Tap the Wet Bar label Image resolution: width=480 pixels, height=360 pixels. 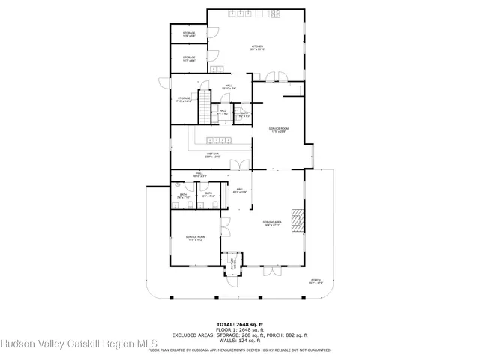tap(212, 155)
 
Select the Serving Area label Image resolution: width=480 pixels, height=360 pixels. tap(271, 223)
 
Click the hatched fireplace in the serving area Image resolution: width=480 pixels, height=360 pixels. tap(298, 220)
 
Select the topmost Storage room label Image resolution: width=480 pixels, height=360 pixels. tap(189, 34)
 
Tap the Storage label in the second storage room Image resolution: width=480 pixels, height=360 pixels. tap(189, 58)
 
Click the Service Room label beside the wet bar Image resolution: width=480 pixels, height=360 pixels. tap(279, 130)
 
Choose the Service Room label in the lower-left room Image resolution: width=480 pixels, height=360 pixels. tap(196, 238)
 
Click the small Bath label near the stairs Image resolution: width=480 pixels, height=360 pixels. tap(244, 114)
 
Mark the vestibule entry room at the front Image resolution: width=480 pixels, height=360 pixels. tap(233, 263)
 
